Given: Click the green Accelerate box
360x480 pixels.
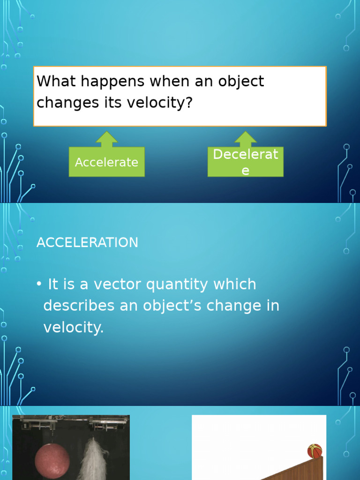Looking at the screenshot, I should coord(106,162).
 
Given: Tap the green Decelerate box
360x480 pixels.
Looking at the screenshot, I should coord(245,162).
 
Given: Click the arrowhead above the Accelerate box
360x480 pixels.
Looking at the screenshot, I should coord(107,139).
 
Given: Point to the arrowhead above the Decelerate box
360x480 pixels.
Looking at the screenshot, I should coord(246,139).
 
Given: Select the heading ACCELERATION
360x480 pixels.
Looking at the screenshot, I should coord(87,243).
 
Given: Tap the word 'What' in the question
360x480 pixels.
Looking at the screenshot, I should coord(53,81).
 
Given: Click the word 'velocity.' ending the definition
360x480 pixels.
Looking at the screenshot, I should coord(73,327).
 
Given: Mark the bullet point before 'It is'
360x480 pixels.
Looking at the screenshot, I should coord(39,285).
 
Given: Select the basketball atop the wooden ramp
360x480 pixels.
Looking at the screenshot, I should coord(315,451).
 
